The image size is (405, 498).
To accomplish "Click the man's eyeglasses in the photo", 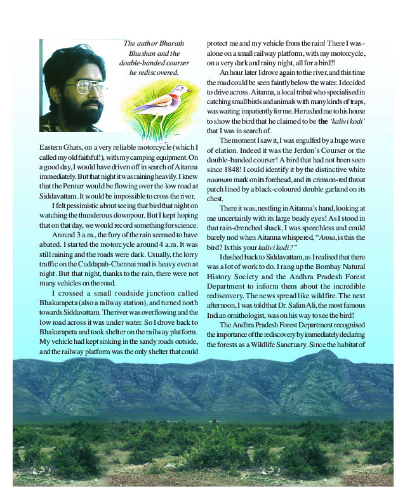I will [x=76, y=86].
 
